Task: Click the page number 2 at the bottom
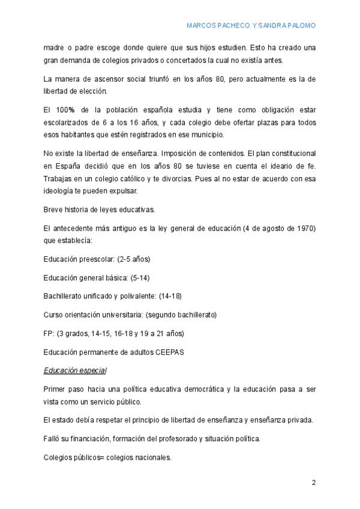coord(313,482)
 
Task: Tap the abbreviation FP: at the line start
coord(49,333)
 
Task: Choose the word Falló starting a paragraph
coord(53,439)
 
